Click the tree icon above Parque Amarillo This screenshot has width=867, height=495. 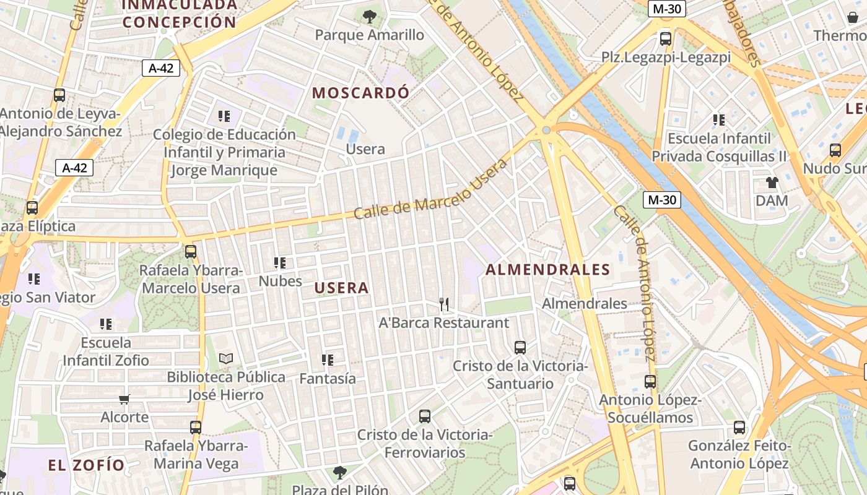(x=370, y=17)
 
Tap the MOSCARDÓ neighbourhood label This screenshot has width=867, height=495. (x=360, y=93)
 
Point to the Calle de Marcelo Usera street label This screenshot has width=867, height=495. (x=430, y=188)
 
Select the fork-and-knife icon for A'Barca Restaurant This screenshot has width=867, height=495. (x=443, y=304)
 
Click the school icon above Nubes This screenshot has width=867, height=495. (x=279, y=263)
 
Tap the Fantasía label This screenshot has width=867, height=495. (x=328, y=378)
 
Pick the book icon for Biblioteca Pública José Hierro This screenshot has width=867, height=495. (x=226, y=359)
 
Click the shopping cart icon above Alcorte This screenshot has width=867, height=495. (x=124, y=399)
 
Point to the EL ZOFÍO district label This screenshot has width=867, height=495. (x=87, y=464)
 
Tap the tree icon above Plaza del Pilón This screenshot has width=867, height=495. (x=339, y=473)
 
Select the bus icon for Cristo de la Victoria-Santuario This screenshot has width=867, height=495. (x=520, y=348)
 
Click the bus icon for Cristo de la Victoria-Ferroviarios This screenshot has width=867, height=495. (x=424, y=416)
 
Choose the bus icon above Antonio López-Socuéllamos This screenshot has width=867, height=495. (x=650, y=382)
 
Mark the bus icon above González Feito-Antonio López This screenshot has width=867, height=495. (x=739, y=427)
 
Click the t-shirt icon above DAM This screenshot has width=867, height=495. (x=772, y=183)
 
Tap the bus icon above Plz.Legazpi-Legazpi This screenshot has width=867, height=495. (x=666, y=39)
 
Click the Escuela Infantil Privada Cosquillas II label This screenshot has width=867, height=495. (x=719, y=147)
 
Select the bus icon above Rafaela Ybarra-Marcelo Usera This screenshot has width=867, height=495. (x=190, y=252)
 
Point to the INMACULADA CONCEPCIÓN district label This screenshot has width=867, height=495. (x=180, y=14)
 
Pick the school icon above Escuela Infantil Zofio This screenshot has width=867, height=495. (x=106, y=324)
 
